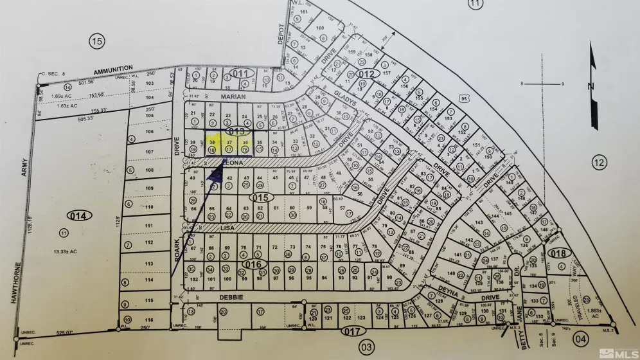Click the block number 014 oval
pyautogui.click(x=83, y=215)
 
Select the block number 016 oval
pyautogui.click(x=254, y=264)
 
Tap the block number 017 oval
pyautogui.click(x=350, y=332)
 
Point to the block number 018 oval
pyautogui.click(x=559, y=253)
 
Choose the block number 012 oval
pyautogui.click(x=366, y=75)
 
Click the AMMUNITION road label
pyautogui.click(x=112, y=68)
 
